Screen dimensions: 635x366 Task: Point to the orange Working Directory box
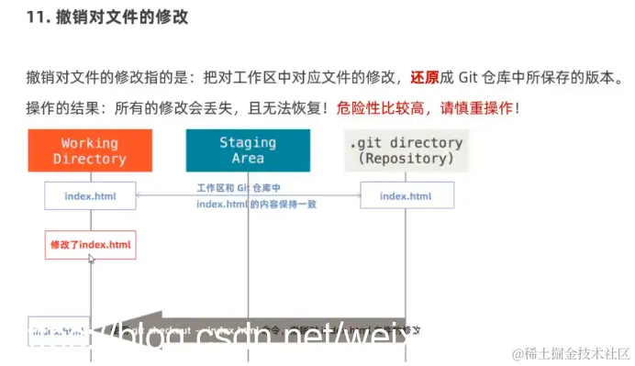click(89, 150)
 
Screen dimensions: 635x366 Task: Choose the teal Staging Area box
click(248, 150)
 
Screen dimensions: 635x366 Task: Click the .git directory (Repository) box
click(407, 150)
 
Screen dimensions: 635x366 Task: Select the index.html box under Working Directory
click(90, 195)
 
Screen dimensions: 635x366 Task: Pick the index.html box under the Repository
click(406, 195)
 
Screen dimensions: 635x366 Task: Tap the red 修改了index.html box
click(90, 245)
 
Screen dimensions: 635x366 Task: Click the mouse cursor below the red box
click(91, 260)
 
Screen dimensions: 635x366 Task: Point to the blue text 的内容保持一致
click(286, 204)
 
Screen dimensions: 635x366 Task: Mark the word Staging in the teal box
click(248, 142)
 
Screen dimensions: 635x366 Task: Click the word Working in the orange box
click(89, 142)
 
